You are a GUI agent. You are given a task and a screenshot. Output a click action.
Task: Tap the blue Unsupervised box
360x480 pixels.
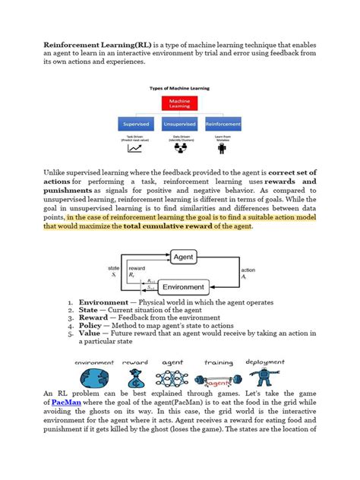179,123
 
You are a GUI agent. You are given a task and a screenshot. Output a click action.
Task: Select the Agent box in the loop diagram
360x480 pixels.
183,257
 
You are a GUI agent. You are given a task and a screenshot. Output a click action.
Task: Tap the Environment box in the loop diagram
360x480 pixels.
183,288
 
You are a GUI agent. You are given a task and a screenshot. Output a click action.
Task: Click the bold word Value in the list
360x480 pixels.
90,333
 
